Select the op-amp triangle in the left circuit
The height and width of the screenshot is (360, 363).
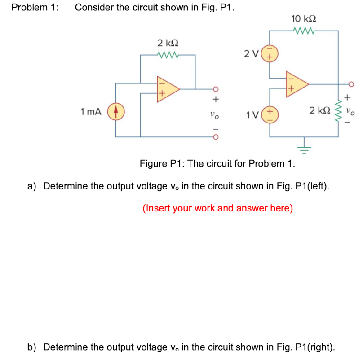point(167,88)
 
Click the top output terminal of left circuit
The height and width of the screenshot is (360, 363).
point(215,88)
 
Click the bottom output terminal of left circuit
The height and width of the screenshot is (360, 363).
point(215,137)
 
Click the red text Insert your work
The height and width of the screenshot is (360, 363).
point(217,208)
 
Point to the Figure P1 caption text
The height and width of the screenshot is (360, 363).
point(217,163)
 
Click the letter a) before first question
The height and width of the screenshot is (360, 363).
point(32,186)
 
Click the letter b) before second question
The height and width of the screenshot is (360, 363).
point(32,347)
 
